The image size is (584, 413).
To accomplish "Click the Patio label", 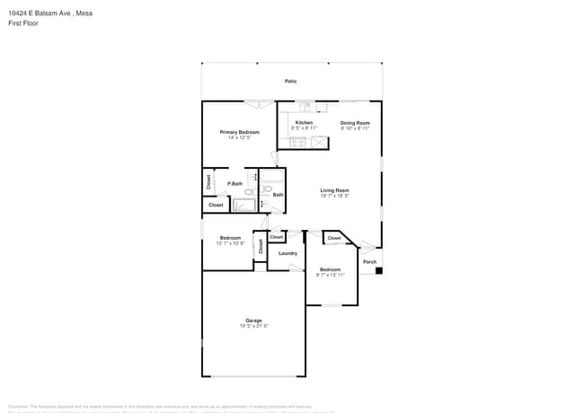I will [290, 81].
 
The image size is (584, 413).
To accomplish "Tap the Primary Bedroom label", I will [240, 132].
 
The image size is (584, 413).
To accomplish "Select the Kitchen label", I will [305, 122].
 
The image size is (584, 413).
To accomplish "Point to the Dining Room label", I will [355, 123].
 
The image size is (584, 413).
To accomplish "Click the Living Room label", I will [335, 189].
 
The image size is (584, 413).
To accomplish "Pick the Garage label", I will [254, 321].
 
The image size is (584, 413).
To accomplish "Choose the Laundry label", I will [288, 253].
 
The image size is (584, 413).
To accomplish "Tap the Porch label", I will [369, 262].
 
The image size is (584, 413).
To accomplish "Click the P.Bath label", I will [234, 184].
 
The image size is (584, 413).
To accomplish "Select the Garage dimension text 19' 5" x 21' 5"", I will [254, 326].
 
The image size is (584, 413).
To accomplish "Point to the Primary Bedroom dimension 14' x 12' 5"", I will [239, 137].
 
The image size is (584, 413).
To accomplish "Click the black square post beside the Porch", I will [379, 270].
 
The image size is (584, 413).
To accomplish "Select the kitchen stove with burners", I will [298, 141].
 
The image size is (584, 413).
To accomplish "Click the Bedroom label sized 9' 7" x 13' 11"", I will [331, 269].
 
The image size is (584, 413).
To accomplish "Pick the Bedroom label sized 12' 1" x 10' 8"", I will [231, 238].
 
